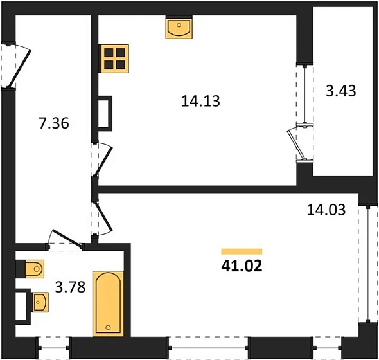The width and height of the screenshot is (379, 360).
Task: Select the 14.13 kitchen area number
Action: click(201, 100)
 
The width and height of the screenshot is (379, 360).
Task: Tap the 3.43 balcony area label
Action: click(341, 91)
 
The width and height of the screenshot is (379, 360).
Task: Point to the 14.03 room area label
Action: click(327, 210)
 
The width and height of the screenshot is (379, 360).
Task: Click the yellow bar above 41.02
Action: click(242, 251)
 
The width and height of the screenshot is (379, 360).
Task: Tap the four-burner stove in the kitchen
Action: click(115, 58)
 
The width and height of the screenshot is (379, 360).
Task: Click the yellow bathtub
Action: click(110, 303)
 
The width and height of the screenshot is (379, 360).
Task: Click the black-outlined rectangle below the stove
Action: click(105, 114)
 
